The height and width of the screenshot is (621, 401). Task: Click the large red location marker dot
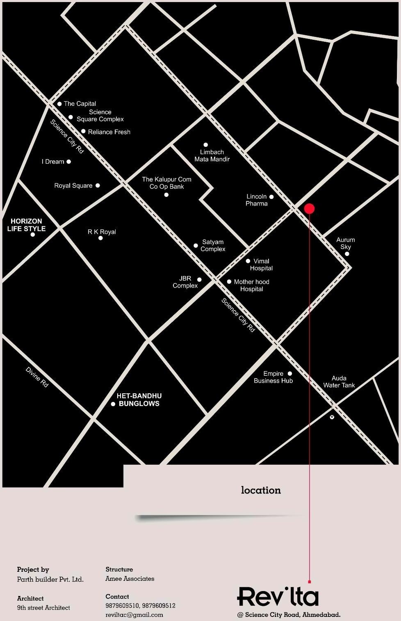click(x=310, y=208)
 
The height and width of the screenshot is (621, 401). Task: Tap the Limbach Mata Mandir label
click(x=212, y=155)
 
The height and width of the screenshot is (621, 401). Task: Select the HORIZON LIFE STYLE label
click(x=26, y=225)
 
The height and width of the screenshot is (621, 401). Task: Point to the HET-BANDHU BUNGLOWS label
click(x=139, y=400)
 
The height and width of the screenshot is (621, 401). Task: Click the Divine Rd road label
click(x=37, y=377)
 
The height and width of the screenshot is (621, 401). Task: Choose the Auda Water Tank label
click(x=339, y=381)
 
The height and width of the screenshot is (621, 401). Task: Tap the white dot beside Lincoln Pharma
click(x=271, y=196)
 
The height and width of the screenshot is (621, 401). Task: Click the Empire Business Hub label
click(x=273, y=377)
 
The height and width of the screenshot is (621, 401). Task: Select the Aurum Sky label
click(x=346, y=243)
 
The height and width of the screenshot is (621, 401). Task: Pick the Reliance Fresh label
click(x=109, y=132)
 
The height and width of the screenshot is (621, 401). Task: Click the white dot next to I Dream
click(x=69, y=162)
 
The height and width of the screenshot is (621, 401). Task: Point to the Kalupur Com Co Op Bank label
click(x=166, y=183)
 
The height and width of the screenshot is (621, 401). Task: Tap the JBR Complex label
click(x=185, y=282)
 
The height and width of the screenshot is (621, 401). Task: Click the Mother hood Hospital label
click(x=251, y=285)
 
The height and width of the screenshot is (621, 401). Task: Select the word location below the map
click(x=261, y=490)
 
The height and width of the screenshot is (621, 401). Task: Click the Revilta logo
click(x=278, y=596)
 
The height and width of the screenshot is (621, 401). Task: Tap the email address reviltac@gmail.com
click(x=134, y=615)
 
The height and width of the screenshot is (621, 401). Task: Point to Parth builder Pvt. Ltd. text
click(x=50, y=580)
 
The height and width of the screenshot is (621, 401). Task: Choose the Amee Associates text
click(x=130, y=579)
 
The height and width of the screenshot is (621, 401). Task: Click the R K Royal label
click(x=102, y=232)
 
